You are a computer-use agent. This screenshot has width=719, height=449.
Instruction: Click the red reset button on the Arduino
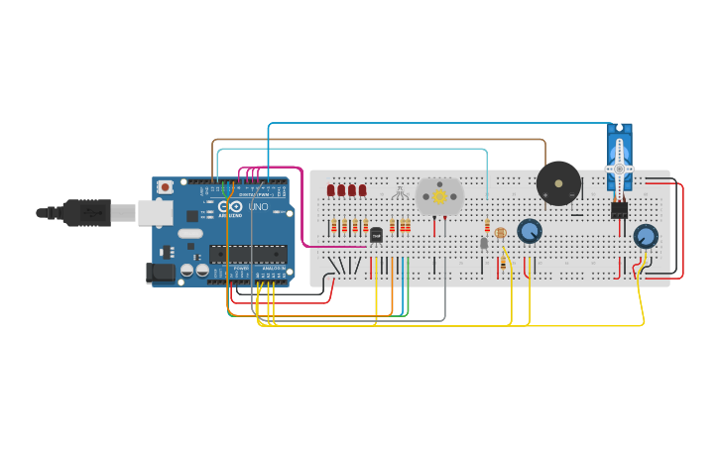(165, 185)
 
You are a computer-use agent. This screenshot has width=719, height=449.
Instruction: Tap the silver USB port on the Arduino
(155, 211)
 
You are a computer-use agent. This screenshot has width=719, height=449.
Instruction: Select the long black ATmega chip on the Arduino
(247, 254)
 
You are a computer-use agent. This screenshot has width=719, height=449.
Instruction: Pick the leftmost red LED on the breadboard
(330, 190)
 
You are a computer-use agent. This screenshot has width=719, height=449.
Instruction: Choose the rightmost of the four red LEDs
(362, 190)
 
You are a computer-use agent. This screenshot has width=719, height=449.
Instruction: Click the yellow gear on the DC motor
(439, 196)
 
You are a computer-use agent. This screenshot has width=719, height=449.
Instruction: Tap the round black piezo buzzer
(558, 183)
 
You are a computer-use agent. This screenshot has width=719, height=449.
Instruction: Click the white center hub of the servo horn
(620, 169)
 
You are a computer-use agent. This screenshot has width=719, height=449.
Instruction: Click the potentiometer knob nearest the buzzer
(530, 231)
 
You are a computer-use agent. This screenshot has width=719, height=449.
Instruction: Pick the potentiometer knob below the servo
(646, 236)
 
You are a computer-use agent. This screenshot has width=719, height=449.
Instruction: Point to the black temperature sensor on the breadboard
(376, 235)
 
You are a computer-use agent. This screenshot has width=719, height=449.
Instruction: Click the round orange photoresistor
(500, 233)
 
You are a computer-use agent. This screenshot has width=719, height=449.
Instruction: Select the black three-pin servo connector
(619, 209)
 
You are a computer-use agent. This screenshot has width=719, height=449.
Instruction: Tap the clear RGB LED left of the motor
(401, 192)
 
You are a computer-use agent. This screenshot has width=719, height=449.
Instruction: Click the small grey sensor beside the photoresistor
(484, 243)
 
